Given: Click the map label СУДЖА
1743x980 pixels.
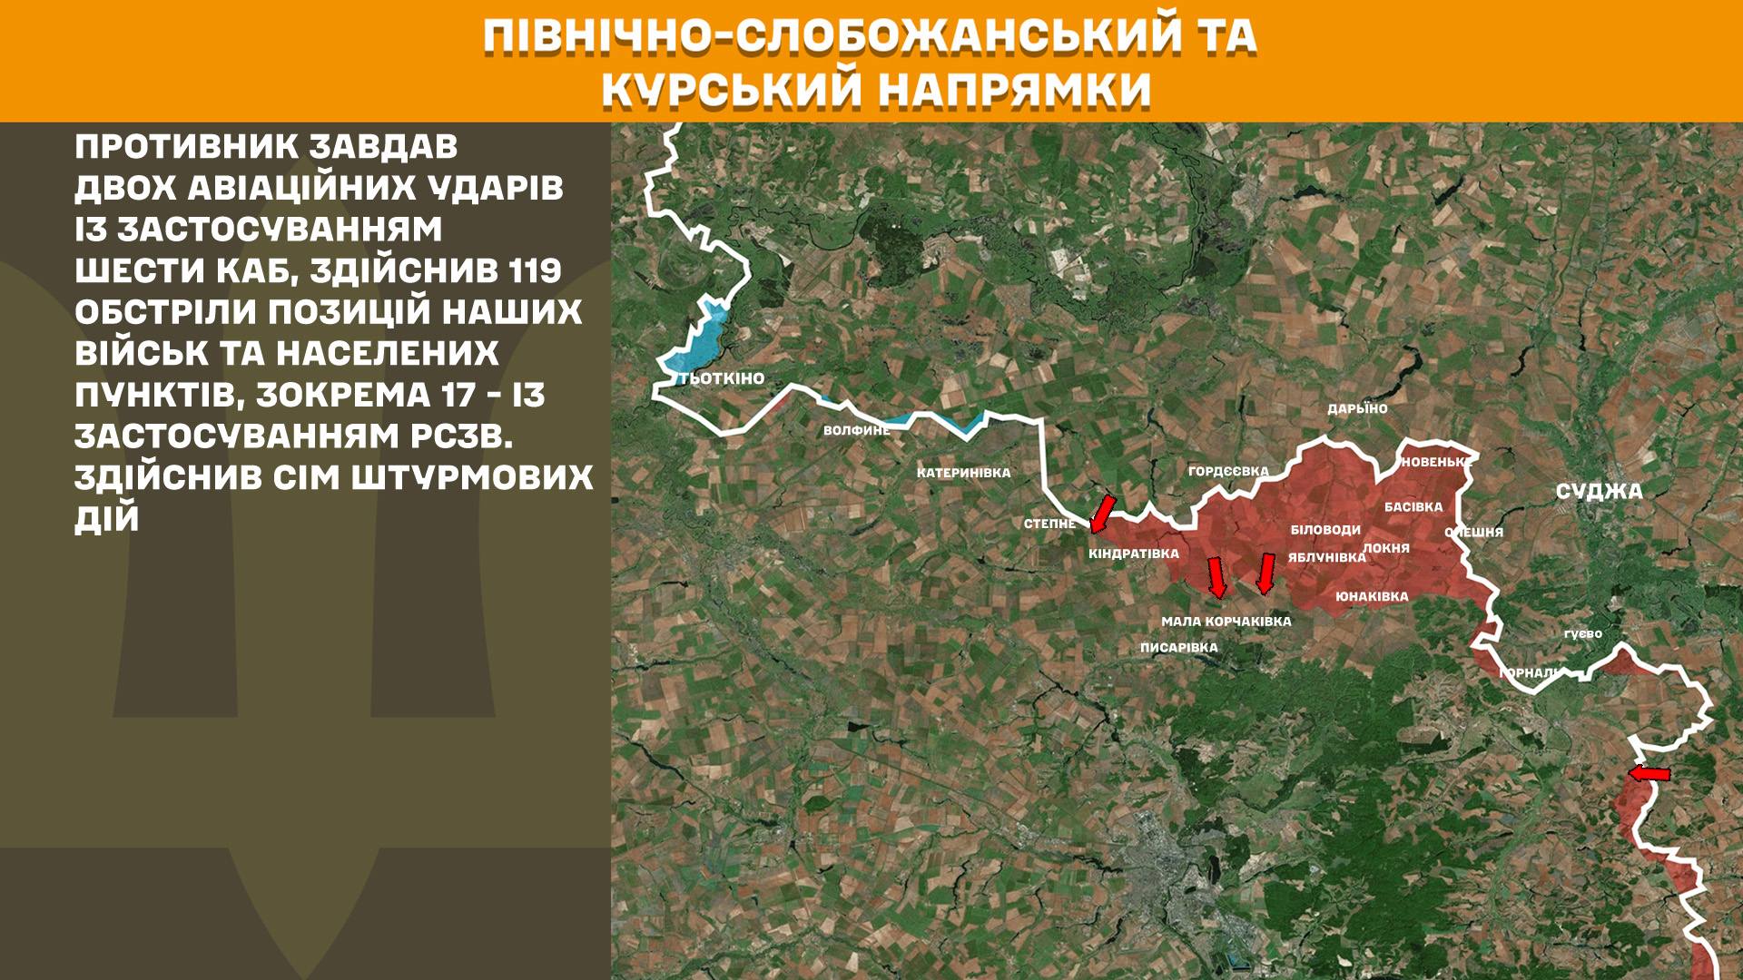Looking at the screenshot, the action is [1599, 492].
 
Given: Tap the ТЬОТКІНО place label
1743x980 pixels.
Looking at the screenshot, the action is [722, 378].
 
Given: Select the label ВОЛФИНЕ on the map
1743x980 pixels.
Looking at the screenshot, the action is [856, 430].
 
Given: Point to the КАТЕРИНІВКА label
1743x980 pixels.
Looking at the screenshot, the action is [963, 473].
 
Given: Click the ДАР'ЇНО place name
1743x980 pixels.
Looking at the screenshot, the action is [1357, 409].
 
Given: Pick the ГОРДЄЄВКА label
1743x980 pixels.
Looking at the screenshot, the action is [1228, 471].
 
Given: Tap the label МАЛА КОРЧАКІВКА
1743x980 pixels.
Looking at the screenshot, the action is [1226, 622].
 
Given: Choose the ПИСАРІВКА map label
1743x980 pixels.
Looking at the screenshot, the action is [1178, 648].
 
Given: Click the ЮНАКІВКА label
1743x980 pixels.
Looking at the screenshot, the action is [1372, 597].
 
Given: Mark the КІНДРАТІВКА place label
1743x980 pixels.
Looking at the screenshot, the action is [1134, 554].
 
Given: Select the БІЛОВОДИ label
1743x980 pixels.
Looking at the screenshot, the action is [1325, 530].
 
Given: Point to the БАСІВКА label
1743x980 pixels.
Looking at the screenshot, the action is [1413, 507].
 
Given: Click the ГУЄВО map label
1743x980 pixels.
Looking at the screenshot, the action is [1582, 634].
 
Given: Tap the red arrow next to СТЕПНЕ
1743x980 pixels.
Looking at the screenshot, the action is [1102, 513].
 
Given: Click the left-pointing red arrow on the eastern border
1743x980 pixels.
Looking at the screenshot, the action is [1649, 774].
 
